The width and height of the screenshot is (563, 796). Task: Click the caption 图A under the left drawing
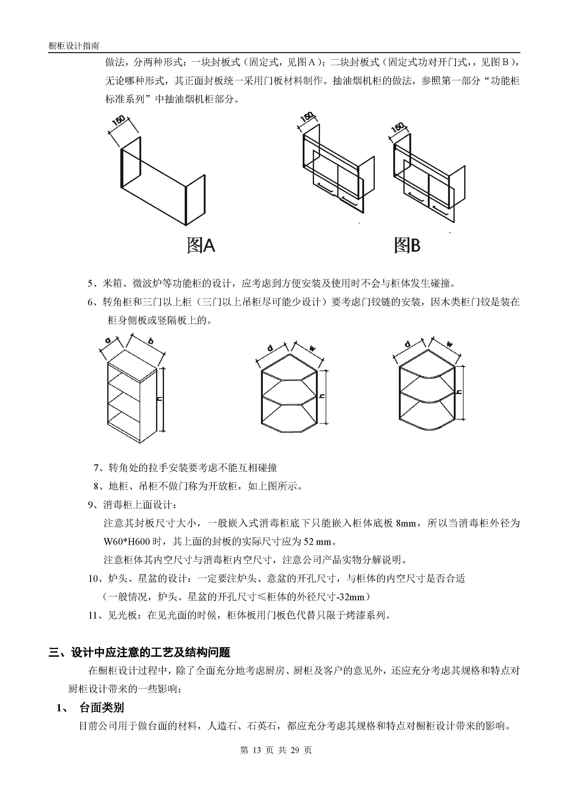[201, 245]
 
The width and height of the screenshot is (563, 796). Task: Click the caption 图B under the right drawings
[407, 245]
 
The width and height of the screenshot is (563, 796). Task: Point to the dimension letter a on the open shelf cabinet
[108, 340]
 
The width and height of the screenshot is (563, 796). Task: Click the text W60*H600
[128, 541]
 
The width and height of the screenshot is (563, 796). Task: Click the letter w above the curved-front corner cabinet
[450, 345]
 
